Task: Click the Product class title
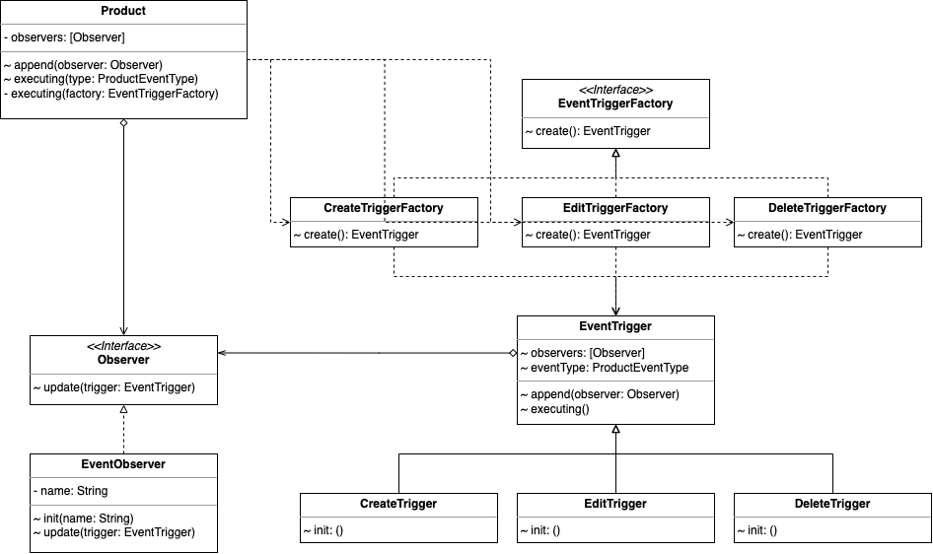123,11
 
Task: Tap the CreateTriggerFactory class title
384,208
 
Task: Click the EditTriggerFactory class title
615,208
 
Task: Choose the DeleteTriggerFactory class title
826,208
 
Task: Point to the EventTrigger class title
615,326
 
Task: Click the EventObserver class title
123,464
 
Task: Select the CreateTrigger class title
398,504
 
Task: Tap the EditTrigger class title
615,504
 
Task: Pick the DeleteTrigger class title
831,504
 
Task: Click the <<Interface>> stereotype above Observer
123,347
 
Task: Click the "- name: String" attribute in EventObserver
70,491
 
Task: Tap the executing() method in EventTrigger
559,408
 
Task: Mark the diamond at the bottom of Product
123,125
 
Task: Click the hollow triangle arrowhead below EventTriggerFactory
615,154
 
